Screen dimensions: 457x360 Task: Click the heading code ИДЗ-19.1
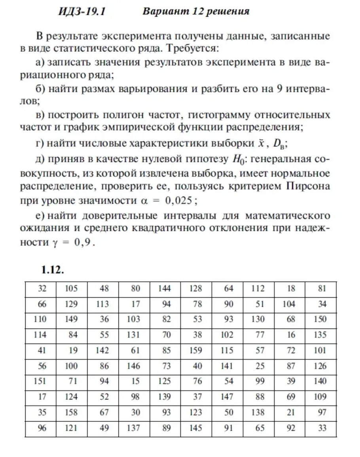(x=81, y=11)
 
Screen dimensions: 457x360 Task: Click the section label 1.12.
(x=53, y=270)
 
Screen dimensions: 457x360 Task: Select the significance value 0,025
(x=179, y=201)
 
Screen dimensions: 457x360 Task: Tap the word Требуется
(x=191, y=49)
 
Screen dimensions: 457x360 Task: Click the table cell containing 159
(x=196, y=351)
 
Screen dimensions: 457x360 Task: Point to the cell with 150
(x=320, y=319)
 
